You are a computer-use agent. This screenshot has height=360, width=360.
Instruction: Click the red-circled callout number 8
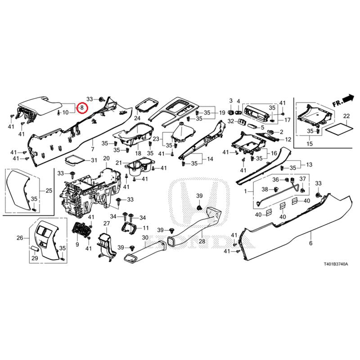click(x=82, y=108)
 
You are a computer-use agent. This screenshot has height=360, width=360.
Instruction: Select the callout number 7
click(x=93, y=149)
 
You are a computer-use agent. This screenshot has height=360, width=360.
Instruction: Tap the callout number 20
click(x=106, y=158)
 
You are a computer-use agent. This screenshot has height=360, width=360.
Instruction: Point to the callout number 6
click(x=310, y=243)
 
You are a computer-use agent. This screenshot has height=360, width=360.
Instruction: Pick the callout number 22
click(x=346, y=116)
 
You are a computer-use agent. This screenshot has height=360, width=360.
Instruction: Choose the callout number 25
click(x=49, y=191)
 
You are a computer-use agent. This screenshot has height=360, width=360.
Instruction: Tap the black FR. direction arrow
click(x=348, y=98)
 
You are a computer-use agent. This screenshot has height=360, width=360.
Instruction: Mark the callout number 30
click(x=145, y=238)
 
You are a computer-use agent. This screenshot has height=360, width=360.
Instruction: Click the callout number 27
click(x=107, y=224)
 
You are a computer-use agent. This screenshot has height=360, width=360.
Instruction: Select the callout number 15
click(x=309, y=144)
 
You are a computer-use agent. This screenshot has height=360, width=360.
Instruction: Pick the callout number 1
click(x=245, y=191)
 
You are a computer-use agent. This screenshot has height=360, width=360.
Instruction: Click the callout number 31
click(x=94, y=161)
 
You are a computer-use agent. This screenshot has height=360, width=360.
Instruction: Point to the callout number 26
click(x=20, y=238)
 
